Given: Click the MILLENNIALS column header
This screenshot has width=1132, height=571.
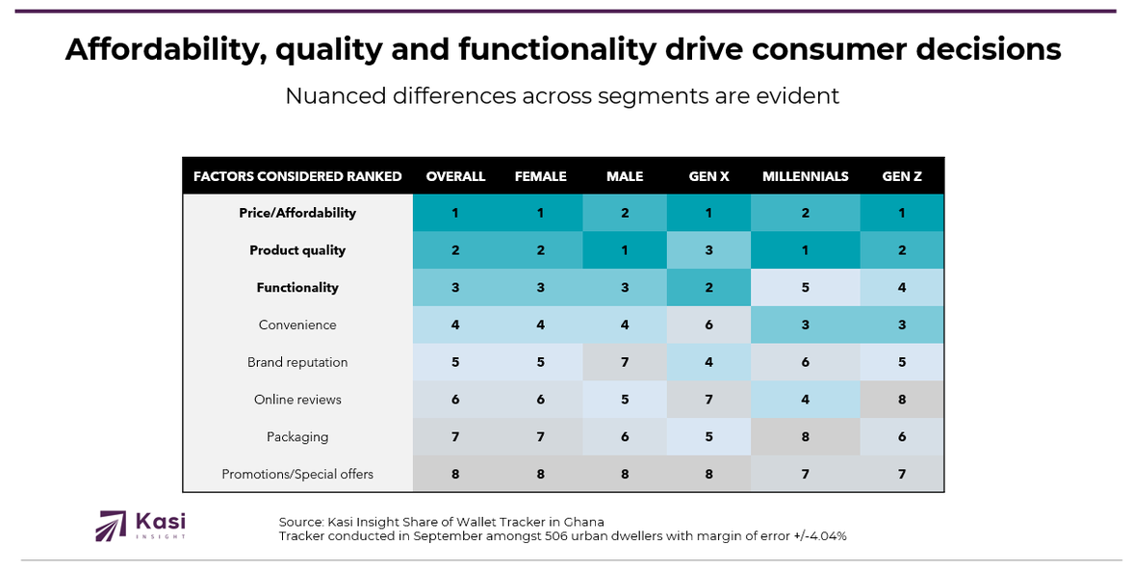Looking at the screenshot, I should [805, 176].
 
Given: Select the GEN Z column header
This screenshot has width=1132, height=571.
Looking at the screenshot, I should [902, 176].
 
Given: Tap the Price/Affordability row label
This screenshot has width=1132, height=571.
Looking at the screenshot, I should [297, 213].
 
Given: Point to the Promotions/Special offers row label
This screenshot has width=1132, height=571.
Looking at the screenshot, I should [297, 474].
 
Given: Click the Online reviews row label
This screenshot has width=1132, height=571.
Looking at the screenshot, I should [297, 400].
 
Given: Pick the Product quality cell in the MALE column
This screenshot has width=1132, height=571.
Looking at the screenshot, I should [625, 250].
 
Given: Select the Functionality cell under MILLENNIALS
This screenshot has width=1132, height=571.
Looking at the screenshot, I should [805, 288].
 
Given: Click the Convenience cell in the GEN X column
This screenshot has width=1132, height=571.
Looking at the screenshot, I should [708, 324].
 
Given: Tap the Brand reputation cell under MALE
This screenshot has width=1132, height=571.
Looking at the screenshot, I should [625, 362].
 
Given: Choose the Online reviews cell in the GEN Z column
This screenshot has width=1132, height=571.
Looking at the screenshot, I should [902, 400].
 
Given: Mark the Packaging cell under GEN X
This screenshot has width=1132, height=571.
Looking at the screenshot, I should [708, 436].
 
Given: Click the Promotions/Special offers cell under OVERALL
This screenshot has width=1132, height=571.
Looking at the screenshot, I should [455, 474].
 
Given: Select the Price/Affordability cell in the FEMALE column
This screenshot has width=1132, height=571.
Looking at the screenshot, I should [540, 213].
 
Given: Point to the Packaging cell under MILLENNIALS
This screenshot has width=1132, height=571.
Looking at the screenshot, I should [805, 436].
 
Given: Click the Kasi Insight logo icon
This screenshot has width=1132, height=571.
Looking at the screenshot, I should [111, 525].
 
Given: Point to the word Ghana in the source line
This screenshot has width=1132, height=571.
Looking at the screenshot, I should [582, 522].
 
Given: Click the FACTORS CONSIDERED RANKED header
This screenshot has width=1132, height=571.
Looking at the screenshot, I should [297, 176].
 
